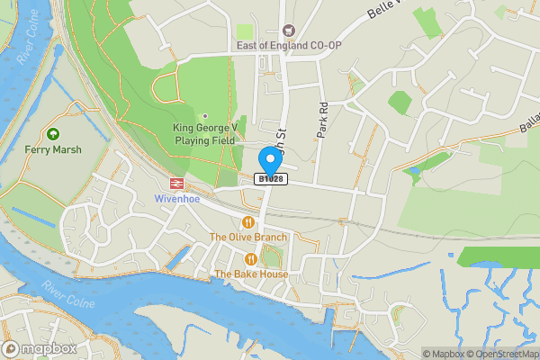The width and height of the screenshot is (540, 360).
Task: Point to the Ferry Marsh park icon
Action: point(53,133)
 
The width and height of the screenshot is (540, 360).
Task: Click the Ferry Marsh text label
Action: point(52,149)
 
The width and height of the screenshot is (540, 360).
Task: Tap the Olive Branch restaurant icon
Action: point(248,221)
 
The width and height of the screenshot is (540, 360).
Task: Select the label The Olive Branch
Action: point(248,238)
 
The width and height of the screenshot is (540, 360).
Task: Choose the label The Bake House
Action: point(251,274)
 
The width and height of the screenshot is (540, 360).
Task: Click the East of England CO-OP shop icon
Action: point(289,30)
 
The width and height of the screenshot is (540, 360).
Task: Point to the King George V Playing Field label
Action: point(203,134)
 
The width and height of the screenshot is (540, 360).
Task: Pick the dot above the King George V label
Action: point(204,115)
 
